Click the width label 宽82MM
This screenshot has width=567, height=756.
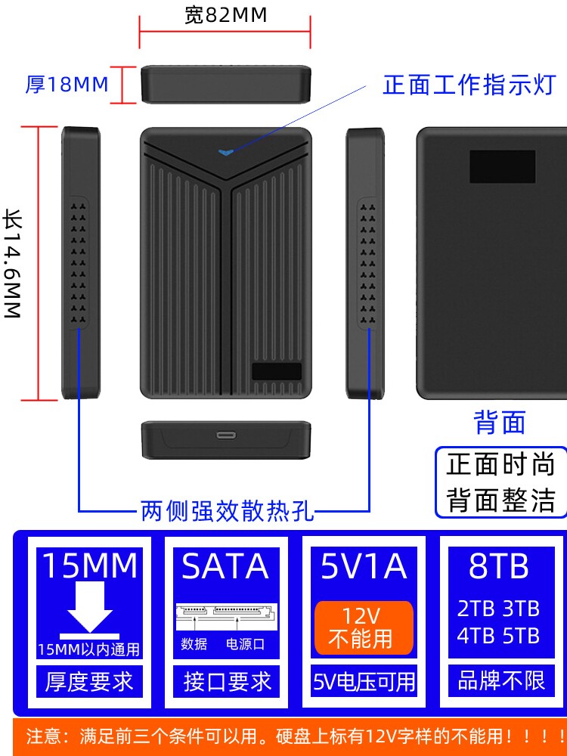(x=225, y=15)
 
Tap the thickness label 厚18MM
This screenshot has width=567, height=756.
(x=67, y=84)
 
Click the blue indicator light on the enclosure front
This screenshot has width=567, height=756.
(x=225, y=151)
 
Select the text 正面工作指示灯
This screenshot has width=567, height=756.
(x=469, y=85)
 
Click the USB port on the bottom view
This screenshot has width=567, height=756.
(x=225, y=435)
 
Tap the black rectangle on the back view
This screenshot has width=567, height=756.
(x=502, y=166)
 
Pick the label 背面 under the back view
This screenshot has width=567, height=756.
(x=499, y=423)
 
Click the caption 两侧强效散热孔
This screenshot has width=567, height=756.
(x=227, y=512)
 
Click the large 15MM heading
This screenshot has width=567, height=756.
(x=90, y=566)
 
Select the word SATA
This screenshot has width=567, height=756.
(x=225, y=566)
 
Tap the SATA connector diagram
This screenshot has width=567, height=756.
(x=225, y=616)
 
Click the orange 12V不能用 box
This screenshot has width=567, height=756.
(x=364, y=627)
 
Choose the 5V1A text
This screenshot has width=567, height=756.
(x=364, y=566)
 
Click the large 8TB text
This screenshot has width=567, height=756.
(x=499, y=566)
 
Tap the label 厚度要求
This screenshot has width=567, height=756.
(x=90, y=682)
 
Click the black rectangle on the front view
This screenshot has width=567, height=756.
(x=277, y=372)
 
